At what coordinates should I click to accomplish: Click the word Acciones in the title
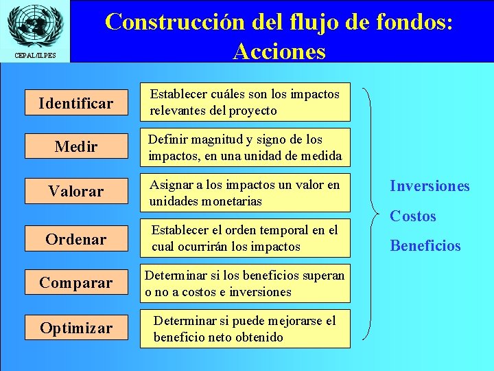pyautogui.click(x=279, y=51)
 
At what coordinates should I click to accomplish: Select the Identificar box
pyautogui.click(x=75, y=103)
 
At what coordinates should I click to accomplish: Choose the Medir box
pyautogui.click(x=75, y=147)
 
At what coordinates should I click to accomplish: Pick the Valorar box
pyautogui.click(x=75, y=191)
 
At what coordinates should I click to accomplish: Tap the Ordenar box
pyautogui.click(x=75, y=239)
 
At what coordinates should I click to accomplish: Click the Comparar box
pyautogui.click(x=75, y=282)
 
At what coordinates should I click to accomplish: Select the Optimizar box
pyautogui.click(x=75, y=328)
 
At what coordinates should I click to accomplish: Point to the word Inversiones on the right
pyautogui.click(x=430, y=186)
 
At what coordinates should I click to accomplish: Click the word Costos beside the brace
pyautogui.click(x=413, y=216)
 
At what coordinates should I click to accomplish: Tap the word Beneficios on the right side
pyautogui.click(x=425, y=245)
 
